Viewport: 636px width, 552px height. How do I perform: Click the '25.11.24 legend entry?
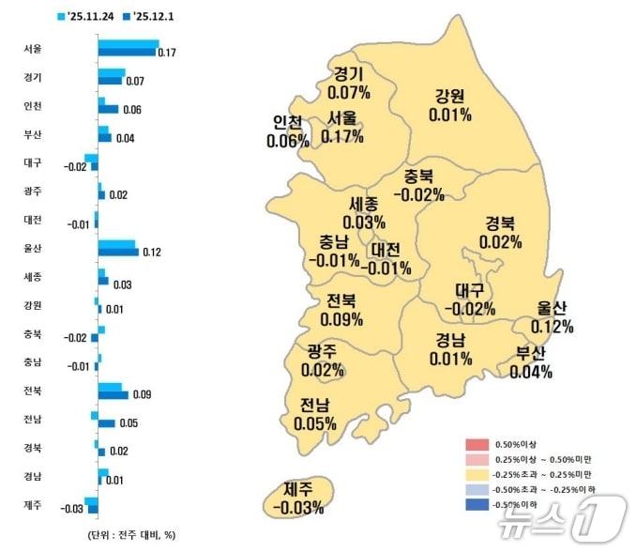88,15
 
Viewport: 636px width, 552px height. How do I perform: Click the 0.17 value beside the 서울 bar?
167,53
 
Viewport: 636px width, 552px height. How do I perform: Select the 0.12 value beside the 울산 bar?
151,253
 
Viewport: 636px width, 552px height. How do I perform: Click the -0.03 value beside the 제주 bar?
72,510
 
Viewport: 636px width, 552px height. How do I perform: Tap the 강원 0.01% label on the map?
449,105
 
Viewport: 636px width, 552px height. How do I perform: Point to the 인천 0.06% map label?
287,132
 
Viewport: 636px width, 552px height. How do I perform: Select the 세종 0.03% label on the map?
365,213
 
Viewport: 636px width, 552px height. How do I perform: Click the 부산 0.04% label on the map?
530,362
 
